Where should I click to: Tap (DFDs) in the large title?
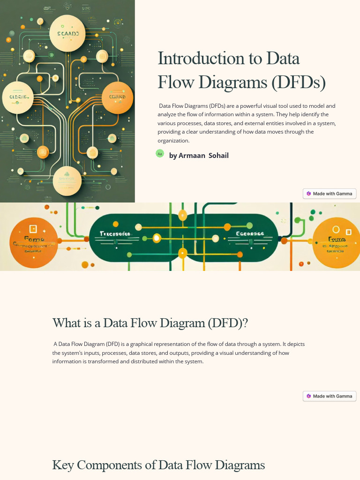tap(299, 82)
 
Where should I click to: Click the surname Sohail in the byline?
tap(218, 156)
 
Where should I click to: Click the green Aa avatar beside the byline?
tap(160, 153)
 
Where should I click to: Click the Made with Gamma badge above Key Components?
tap(330, 396)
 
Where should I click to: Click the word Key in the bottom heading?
tap(63, 465)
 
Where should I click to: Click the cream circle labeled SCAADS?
tap(71, 33)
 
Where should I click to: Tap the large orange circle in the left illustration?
tap(117, 97)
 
